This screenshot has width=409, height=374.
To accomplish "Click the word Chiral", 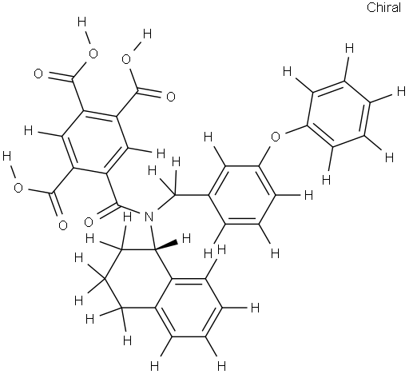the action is [383, 7].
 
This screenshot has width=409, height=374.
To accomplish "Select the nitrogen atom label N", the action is [149, 217].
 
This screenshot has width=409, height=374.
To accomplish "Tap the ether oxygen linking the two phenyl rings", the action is [276, 137].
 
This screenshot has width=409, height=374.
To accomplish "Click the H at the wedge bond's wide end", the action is [186, 238].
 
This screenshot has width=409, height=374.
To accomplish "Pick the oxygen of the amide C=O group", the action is [89, 221].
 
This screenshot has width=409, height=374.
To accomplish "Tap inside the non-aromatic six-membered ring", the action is [138, 279].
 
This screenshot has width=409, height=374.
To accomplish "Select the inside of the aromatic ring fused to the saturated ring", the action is [189, 308].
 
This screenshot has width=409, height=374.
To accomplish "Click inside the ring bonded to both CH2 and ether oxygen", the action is [242, 195].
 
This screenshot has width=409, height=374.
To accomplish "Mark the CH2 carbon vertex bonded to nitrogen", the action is [175, 195].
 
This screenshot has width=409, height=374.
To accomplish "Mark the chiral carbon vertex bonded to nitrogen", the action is [155, 249].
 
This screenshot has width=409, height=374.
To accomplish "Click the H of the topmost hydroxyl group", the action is [82, 22].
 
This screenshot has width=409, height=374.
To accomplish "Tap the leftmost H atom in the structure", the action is [6, 157].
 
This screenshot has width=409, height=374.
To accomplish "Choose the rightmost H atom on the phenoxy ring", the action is [401, 92].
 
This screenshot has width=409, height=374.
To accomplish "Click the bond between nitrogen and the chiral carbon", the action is [153, 238].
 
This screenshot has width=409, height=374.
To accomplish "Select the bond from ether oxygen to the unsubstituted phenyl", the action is [294, 129].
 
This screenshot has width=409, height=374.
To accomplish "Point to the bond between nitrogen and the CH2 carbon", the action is [165, 204].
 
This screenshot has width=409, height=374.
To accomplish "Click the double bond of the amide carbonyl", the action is [106, 210].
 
